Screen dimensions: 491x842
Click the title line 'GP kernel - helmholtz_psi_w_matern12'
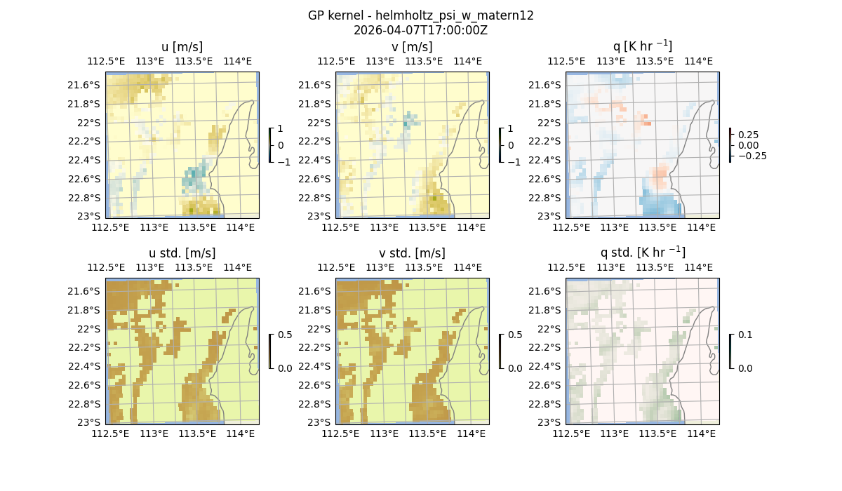(x=420, y=15)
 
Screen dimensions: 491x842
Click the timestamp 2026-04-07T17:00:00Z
(x=420, y=30)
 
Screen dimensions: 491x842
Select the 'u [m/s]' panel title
(x=182, y=47)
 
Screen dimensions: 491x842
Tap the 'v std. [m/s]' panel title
(x=412, y=253)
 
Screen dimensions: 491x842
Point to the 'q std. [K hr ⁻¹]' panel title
(x=642, y=253)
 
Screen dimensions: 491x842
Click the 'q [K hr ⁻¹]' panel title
(x=642, y=46)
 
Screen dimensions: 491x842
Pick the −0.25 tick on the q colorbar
(x=751, y=156)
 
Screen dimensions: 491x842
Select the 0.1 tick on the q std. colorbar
(x=744, y=335)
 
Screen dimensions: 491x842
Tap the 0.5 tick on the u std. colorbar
(x=285, y=335)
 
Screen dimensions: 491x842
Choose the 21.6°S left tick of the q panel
(x=549, y=85)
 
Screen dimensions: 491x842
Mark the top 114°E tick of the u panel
(x=238, y=61)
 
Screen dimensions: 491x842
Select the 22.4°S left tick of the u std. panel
(x=88, y=366)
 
